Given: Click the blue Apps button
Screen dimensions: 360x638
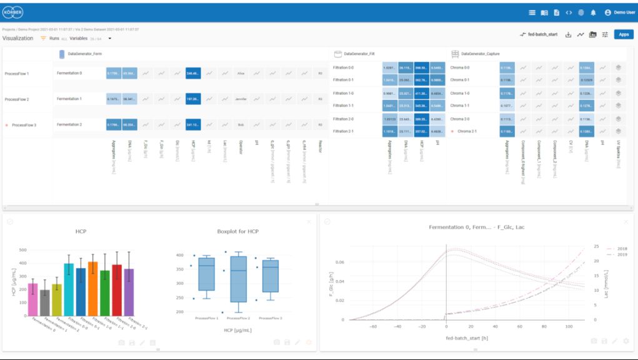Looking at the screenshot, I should click(x=623, y=34).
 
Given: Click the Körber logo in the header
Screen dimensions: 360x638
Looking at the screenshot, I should click(x=12, y=12).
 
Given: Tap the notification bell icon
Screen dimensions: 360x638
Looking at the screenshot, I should click(x=593, y=12).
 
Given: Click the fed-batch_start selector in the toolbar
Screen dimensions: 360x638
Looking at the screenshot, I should click(x=538, y=34).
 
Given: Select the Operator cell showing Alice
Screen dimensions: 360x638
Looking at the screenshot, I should click(x=241, y=73).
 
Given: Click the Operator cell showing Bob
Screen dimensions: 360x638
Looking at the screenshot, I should click(x=241, y=125).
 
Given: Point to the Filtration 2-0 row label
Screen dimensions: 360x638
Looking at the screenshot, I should click(x=343, y=119).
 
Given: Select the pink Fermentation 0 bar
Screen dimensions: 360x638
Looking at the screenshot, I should click(x=33, y=299).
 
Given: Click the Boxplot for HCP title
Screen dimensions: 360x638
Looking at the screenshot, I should click(x=234, y=231).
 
